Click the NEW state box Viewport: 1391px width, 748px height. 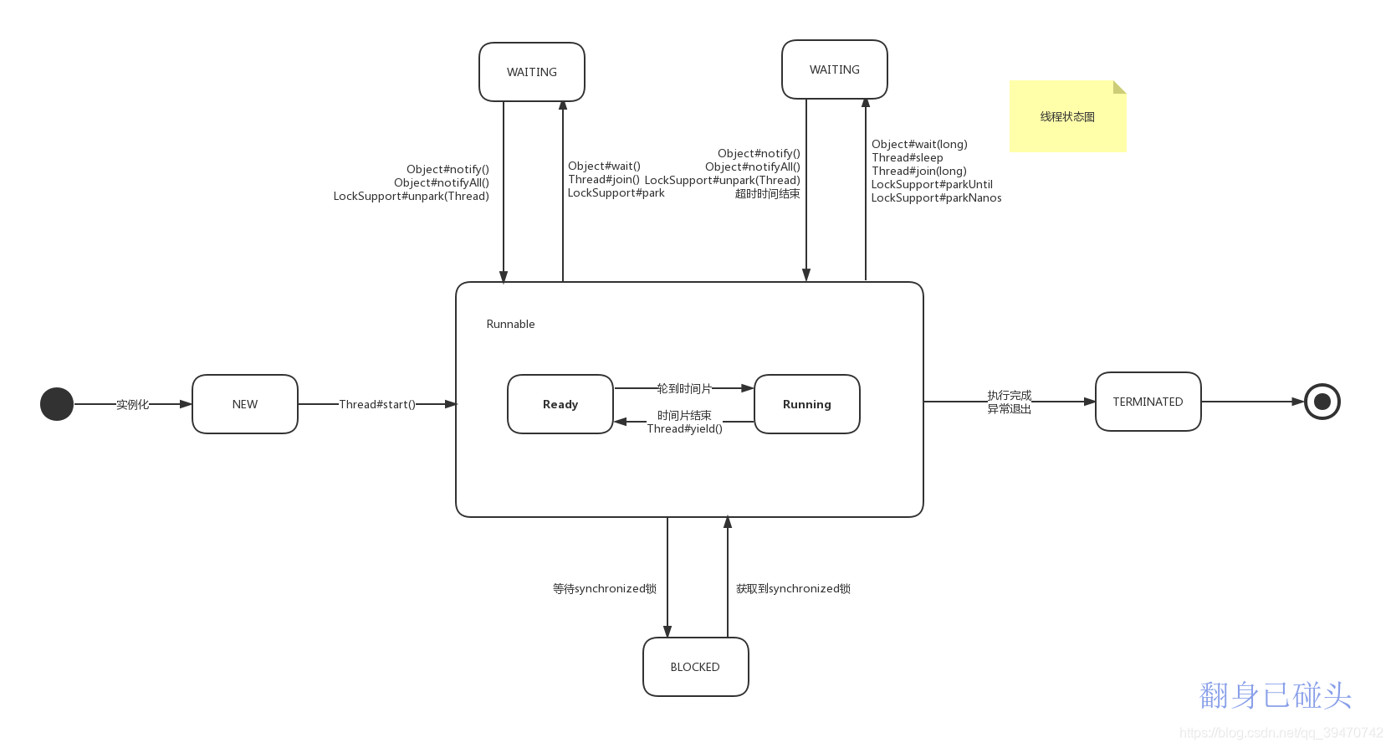[245, 404]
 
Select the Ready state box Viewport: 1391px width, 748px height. [560, 404]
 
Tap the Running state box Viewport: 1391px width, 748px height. [806, 404]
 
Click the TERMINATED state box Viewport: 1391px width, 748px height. [1148, 402]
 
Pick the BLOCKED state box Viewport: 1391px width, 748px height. [696, 667]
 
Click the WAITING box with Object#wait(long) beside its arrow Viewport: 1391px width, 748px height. [835, 69]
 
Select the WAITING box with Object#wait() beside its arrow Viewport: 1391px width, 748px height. [532, 72]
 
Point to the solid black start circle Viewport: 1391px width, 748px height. [57, 404]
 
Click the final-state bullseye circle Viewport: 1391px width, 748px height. [1322, 402]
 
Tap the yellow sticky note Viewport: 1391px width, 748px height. [1067, 116]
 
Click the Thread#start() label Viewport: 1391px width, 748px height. [377, 404]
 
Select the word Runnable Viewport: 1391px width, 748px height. [510, 324]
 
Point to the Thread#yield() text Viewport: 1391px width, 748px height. [684, 428]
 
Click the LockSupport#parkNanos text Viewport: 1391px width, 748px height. [937, 197]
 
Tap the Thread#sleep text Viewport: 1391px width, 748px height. [908, 158]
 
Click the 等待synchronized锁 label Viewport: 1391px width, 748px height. [604, 588]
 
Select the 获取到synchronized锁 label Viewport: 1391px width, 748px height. [793, 588]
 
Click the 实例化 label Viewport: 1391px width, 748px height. [132, 404]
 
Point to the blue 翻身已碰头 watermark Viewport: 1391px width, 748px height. [1276, 695]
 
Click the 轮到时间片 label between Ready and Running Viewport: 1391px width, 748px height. [684, 388]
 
